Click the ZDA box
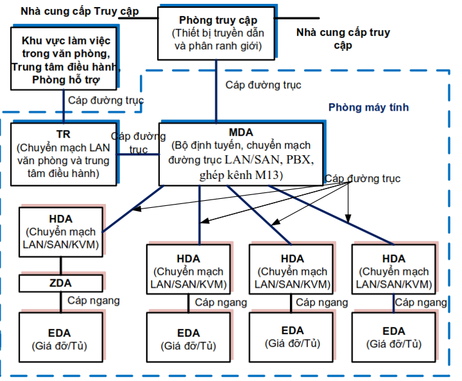pyautogui.click(x=61, y=283)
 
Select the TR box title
pyautogui.click(x=63, y=134)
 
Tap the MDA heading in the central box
pyautogui.click(x=240, y=133)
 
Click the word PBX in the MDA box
pyautogui.click(x=296, y=159)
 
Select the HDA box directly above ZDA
pyautogui.click(x=61, y=232)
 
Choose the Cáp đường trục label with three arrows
pyautogui.click(x=362, y=178)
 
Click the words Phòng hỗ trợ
pyautogui.click(x=64, y=80)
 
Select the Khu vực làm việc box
pyautogui.click(x=64, y=58)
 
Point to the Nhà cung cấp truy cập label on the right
pyautogui.click(x=343, y=39)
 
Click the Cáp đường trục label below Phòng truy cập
pyautogui.click(x=263, y=84)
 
